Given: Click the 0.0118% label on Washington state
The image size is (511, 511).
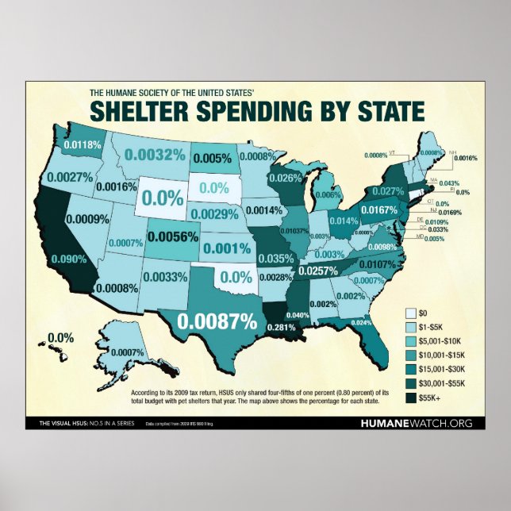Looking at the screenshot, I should coord(83,144).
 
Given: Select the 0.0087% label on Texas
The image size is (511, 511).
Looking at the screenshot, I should coord(217,321).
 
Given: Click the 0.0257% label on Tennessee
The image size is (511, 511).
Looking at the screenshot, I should coord(317,271).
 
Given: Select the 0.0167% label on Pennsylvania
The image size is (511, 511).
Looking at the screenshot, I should coord(378,209).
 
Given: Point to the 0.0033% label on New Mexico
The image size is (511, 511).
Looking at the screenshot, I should coord(165,277).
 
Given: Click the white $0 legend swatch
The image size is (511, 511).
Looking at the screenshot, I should coord(410,311).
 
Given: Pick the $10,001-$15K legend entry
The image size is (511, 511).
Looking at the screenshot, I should coord(443,355).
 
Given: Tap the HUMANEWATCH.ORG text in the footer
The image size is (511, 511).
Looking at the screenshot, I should coord(416,424).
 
